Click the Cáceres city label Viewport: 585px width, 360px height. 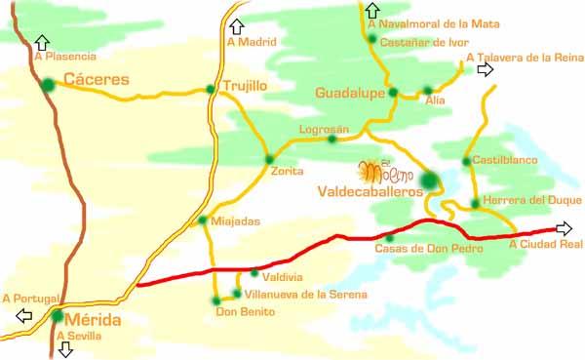click(90, 77)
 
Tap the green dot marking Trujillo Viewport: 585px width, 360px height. click(211, 90)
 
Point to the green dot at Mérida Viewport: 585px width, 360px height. click(58, 315)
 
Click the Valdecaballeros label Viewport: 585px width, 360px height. click(370, 193)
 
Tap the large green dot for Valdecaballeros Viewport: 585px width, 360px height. click(428, 180)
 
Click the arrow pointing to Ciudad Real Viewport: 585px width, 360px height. click(563, 228)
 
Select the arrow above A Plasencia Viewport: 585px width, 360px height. click(41, 42)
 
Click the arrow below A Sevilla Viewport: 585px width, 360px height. click(65, 350)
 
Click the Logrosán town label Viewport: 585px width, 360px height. click(323, 128)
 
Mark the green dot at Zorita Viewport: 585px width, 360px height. click(269, 159)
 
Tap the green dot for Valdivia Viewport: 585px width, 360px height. click(254, 272)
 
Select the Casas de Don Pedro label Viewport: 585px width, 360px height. click(415, 249)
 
